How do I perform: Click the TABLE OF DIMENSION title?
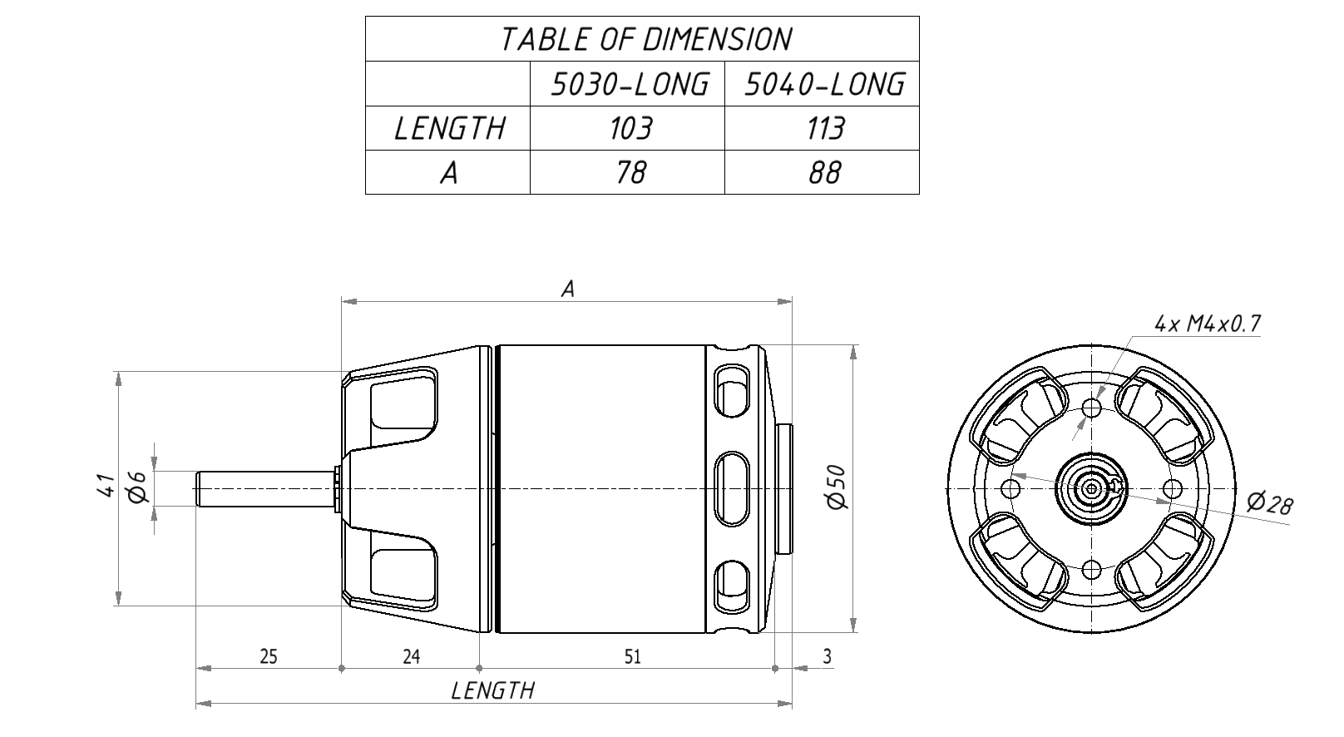pos(645,40)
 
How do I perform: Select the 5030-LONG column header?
pos(630,84)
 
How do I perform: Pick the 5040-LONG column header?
pos(824,84)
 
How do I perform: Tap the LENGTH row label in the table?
pos(449,128)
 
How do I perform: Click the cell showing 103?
pos(630,128)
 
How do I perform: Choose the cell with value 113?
pos(825,128)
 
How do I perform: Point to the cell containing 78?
pos(630,173)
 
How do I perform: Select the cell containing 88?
pos(824,173)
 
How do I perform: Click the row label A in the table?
pos(449,173)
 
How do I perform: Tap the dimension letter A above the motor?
pos(567,289)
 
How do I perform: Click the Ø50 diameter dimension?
pos(836,487)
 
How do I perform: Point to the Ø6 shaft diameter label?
pos(137,487)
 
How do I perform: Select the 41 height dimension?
pos(106,486)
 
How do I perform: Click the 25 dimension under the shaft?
pos(269,656)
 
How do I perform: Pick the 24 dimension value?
pos(411,656)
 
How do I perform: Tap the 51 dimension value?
pos(632,656)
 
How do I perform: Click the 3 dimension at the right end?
pos(827,656)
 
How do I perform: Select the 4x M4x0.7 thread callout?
pos(1208,324)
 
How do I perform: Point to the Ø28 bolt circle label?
pos(1270,503)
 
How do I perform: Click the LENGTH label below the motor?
pos(492,690)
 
